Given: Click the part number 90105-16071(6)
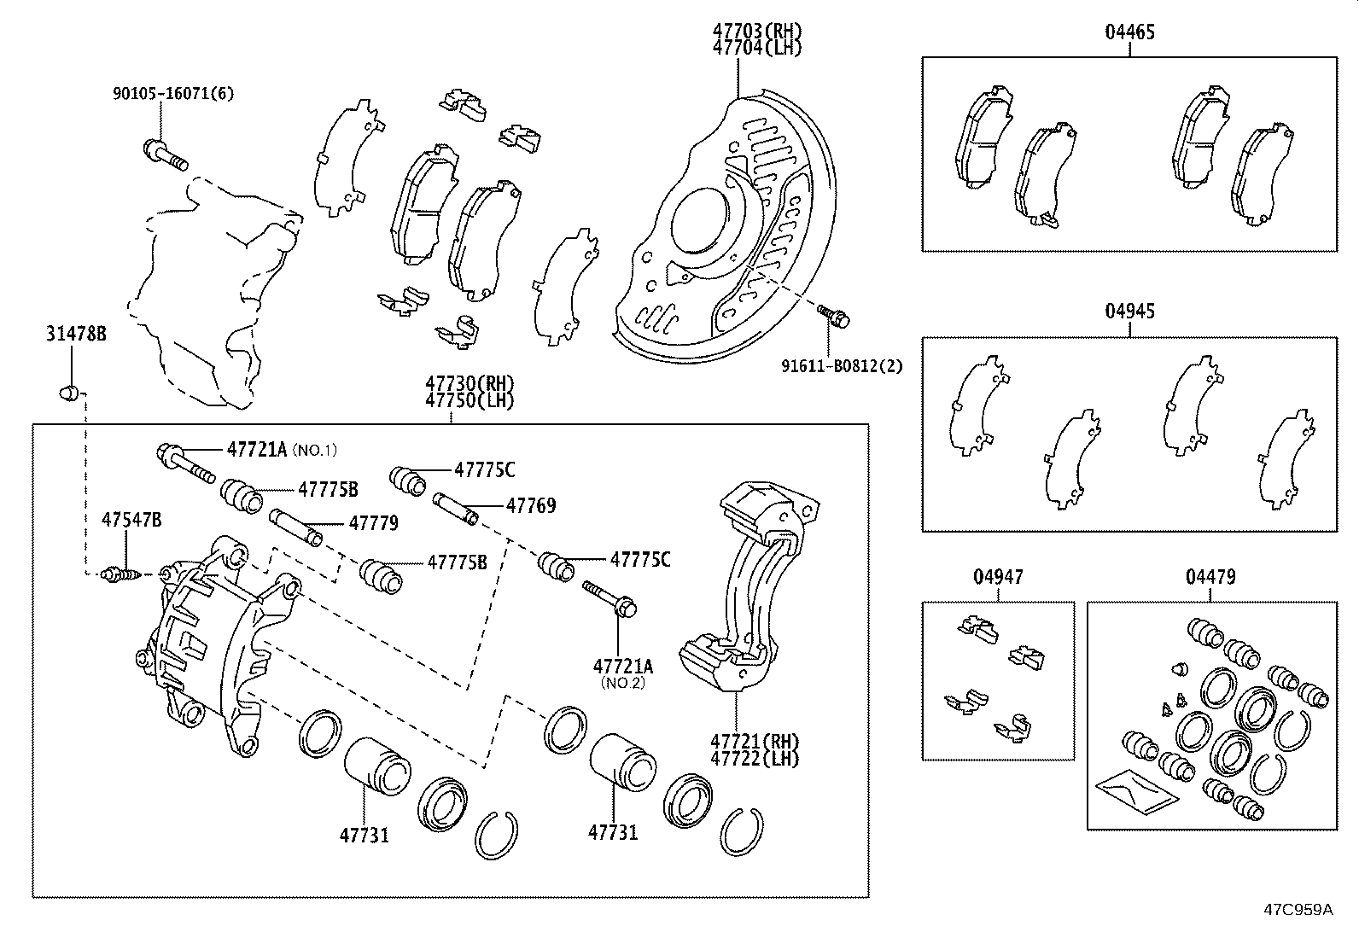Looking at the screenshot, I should [172, 93].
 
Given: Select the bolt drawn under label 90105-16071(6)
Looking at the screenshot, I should [164, 154].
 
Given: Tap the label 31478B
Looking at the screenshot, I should [76, 334].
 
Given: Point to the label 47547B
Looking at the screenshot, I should [131, 520].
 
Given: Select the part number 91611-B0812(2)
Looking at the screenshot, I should [841, 366].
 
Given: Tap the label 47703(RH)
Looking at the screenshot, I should [757, 32].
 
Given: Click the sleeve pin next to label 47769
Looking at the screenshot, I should [456, 509].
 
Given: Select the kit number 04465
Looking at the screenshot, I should [1129, 32].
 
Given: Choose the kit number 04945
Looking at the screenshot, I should [1129, 312].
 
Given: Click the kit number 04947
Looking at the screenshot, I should [998, 577].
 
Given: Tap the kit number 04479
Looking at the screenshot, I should [1210, 577].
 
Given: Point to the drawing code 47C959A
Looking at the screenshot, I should [1298, 909].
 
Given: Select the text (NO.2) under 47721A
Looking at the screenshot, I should [622, 682].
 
